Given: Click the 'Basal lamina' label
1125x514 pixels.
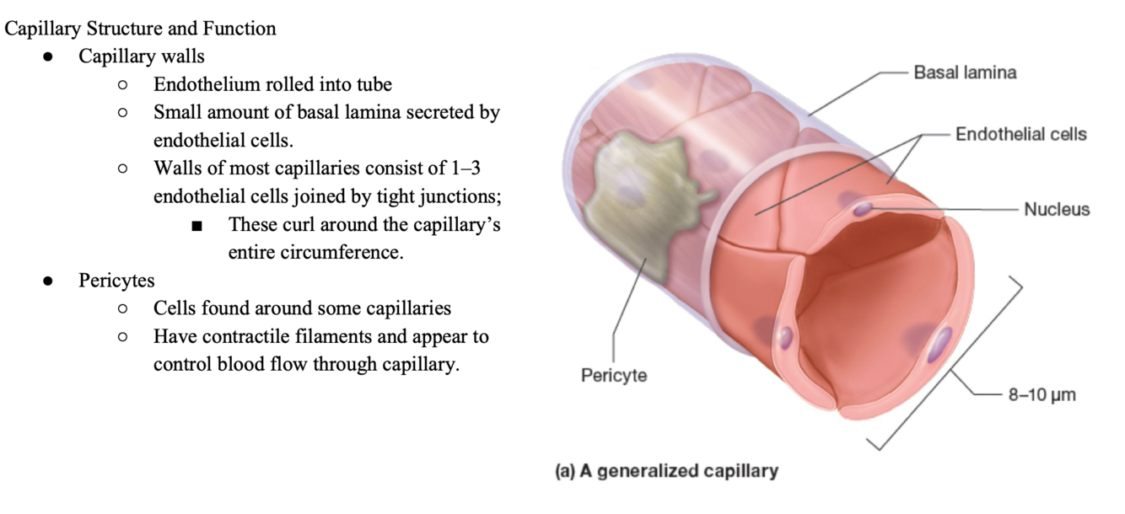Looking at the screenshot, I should pos(965,72).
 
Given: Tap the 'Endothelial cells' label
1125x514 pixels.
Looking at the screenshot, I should pos(1020,134).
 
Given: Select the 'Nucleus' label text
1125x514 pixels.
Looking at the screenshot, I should pos(1057,209).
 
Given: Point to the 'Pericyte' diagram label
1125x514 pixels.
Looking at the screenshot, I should pos(614,375).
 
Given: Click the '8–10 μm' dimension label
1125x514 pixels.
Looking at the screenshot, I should pos(1042,394).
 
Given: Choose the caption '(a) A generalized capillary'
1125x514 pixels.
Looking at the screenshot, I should pos(666,471).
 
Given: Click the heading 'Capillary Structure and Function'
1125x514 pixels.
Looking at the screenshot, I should pos(140,29).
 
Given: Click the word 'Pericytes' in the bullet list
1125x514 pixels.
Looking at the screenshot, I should pos(117,280).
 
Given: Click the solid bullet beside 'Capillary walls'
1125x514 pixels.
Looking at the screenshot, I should pos(49,57).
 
